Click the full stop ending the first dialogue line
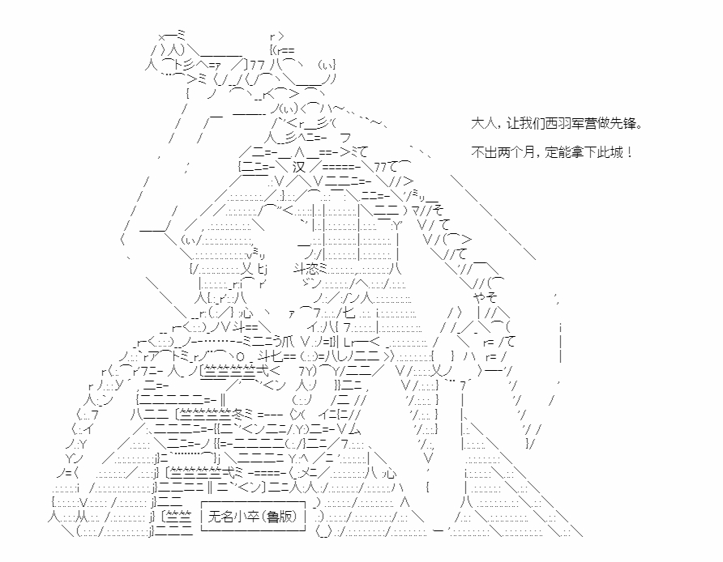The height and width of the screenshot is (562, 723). point(639,126)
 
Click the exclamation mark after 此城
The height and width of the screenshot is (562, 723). point(630,152)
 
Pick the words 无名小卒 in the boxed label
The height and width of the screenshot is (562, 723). point(233,517)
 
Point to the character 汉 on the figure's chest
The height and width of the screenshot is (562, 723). point(299,166)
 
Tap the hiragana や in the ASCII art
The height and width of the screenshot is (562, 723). point(478,296)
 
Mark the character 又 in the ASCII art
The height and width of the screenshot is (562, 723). point(247,267)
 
